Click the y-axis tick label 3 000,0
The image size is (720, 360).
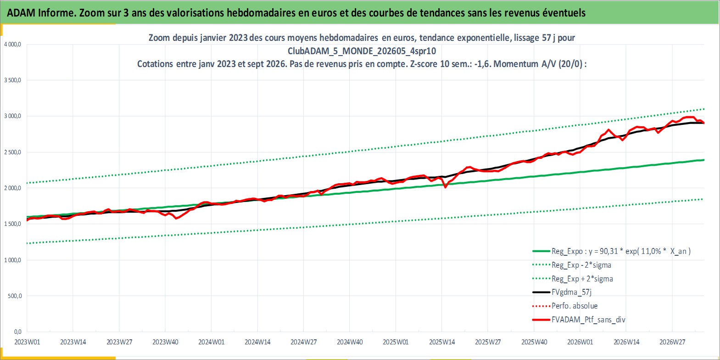[12, 116]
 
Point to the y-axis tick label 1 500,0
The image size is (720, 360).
[12, 224]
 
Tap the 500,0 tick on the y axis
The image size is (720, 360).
[15, 296]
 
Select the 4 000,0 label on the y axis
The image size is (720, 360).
[12, 45]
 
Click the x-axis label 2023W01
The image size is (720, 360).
[27, 342]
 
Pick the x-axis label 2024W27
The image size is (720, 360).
[303, 342]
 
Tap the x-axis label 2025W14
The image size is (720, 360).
[441, 342]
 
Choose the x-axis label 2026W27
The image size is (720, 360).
[672, 342]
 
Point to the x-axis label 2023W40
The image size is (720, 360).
[165, 342]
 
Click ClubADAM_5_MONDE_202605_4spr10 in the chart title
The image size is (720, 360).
[362, 51]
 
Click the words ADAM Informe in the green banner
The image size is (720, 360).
[41, 13]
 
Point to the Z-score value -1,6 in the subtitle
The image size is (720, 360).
[482, 64]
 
